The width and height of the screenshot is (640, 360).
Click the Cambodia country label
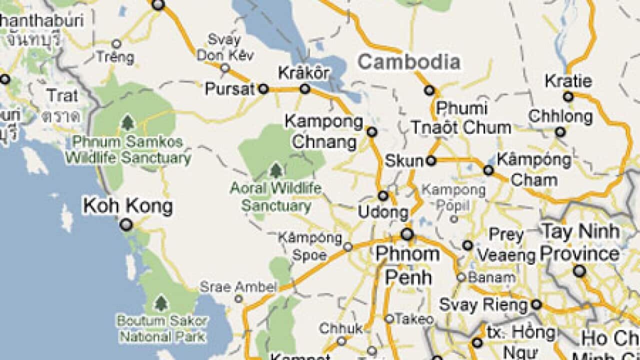[x=409, y=62]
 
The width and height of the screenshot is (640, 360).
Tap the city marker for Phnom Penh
[x=407, y=234]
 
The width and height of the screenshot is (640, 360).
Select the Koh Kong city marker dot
[x=126, y=225]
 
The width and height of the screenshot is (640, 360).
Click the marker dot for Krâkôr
[x=305, y=89]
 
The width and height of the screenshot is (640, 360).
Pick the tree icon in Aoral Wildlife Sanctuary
[x=276, y=171]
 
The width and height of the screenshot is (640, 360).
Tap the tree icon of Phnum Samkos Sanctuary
[x=128, y=122]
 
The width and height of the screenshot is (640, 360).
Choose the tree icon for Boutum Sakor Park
[x=160, y=302]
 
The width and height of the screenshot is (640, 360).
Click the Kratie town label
[x=568, y=81]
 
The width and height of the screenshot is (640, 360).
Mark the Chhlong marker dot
[x=560, y=132]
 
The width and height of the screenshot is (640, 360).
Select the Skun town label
[x=404, y=161]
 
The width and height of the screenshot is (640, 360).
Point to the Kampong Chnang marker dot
[x=371, y=131]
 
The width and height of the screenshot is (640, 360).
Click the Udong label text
[x=383, y=212]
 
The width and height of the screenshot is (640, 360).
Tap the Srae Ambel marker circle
[x=239, y=299]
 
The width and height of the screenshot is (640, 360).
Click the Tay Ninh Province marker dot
[x=579, y=271]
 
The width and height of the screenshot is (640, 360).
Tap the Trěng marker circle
[x=116, y=44]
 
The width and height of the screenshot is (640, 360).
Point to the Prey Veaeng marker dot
[x=467, y=245]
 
